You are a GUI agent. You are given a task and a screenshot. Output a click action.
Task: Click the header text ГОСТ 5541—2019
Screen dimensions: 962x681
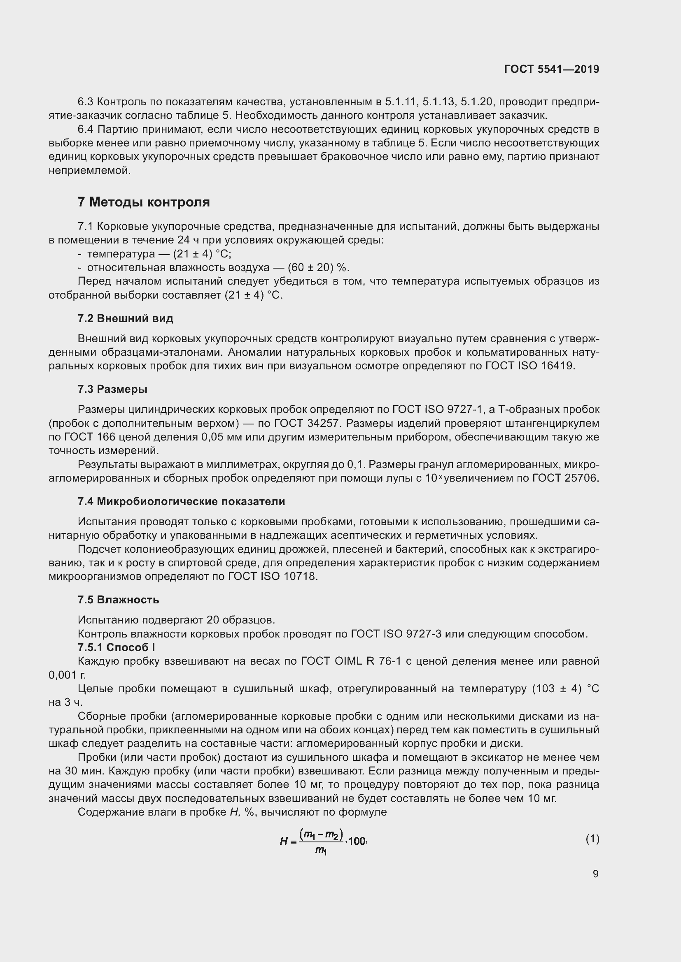click(x=551, y=69)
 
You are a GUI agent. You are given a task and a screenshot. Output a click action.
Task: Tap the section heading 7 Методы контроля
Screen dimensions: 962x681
click(x=143, y=202)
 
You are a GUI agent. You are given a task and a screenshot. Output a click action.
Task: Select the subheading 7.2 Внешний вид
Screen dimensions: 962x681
click(x=125, y=318)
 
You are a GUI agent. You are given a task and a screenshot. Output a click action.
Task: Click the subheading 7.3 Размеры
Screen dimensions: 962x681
click(x=112, y=389)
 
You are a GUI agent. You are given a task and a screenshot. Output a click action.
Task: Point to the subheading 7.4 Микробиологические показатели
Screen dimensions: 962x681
click(x=181, y=501)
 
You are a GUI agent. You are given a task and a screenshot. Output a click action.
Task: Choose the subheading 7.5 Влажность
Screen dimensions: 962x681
click(x=118, y=600)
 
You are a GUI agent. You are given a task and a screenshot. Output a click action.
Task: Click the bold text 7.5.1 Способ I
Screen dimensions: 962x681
click(x=116, y=647)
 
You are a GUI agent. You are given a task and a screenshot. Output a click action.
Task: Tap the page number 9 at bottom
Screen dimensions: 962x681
click(x=595, y=874)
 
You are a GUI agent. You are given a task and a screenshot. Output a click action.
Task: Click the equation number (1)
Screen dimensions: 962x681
click(x=592, y=839)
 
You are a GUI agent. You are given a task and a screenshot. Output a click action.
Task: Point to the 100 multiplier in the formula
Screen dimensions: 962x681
click(x=357, y=841)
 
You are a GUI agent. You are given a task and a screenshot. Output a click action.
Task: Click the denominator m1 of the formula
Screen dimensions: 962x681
click(x=321, y=850)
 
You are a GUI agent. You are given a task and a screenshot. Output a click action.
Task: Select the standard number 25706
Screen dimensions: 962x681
click(x=581, y=478)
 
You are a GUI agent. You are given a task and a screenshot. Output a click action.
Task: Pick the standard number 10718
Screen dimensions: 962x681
click(x=300, y=576)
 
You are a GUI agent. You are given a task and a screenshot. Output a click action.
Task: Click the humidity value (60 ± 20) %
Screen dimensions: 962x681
click(x=318, y=267)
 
